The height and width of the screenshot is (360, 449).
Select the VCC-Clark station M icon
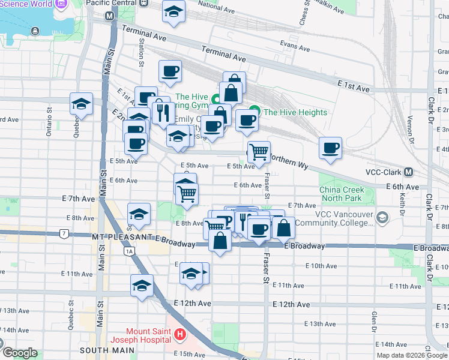[x=408, y=172]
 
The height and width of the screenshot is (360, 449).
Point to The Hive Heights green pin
[x=255, y=112]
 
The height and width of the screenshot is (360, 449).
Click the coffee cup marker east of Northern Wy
[x=330, y=148]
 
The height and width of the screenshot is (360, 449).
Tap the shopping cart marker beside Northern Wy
[x=259, y=152]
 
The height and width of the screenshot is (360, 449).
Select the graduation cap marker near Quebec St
[x=81, y=104]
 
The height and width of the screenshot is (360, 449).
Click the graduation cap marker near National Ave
[x=174, y=12]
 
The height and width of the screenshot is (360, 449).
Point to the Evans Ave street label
[x=294, y=45]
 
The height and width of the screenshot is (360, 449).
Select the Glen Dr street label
[x=374, y=322]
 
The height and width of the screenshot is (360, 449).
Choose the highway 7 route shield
[x=64, y=233]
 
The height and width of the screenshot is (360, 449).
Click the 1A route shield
[x=129, y=251]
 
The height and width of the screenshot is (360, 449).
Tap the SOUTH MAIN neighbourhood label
[x=101, y=349]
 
